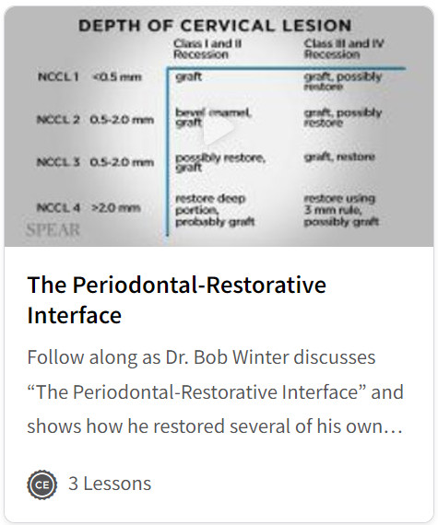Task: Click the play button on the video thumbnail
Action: [219, 132]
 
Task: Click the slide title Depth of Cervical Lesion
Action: [214, 25]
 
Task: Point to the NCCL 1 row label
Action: [57, 77]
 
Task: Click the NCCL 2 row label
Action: [57, 119]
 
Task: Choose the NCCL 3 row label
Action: [57, 162]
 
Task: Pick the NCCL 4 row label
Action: [57, 207]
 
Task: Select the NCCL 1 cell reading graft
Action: [189, 77]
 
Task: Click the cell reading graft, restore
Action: [339, 157]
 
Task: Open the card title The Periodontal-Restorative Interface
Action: [176, 299]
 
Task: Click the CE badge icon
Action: [41, 484]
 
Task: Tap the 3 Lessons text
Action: [110, 484]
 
